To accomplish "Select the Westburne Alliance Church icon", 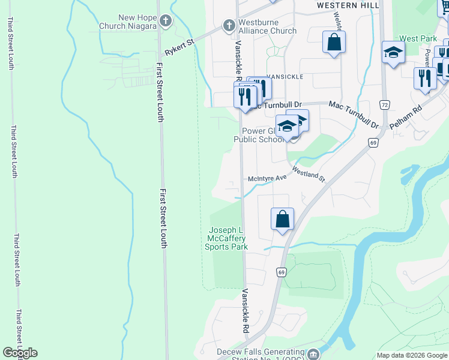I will [x=228, y=26].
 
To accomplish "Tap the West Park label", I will [x=418, y=38].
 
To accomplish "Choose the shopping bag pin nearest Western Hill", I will [x=334, y=43].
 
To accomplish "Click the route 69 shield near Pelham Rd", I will [x=373, y=142].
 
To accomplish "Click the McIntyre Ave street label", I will [x=268, y=178].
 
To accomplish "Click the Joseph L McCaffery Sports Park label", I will [x=226, y=238].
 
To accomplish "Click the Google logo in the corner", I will [x=20, y=353].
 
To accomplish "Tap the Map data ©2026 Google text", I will [x=412, y=355].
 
